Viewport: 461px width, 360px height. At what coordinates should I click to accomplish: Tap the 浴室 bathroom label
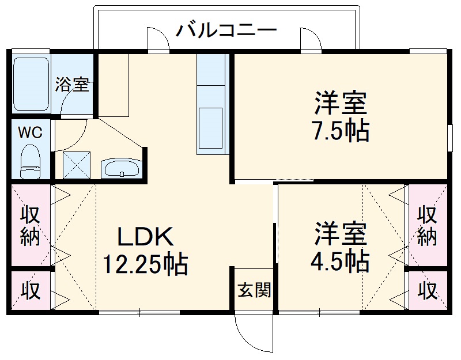click(72, 85)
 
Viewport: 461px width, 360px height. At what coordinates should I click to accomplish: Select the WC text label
click(29, 132)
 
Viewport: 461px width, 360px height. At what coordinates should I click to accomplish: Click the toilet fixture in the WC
click(29, 161)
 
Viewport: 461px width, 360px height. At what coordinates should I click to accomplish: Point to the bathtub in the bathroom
click(32, 84)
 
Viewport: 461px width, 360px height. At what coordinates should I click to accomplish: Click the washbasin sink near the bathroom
click(120, 169)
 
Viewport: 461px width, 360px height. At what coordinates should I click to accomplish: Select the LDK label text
click(145, 236)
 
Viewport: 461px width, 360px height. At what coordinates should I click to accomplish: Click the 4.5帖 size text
click(340, 262)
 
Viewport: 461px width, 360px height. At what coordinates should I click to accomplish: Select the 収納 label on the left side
click(31, 226)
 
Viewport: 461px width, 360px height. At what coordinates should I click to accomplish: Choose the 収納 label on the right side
click(427, 226)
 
